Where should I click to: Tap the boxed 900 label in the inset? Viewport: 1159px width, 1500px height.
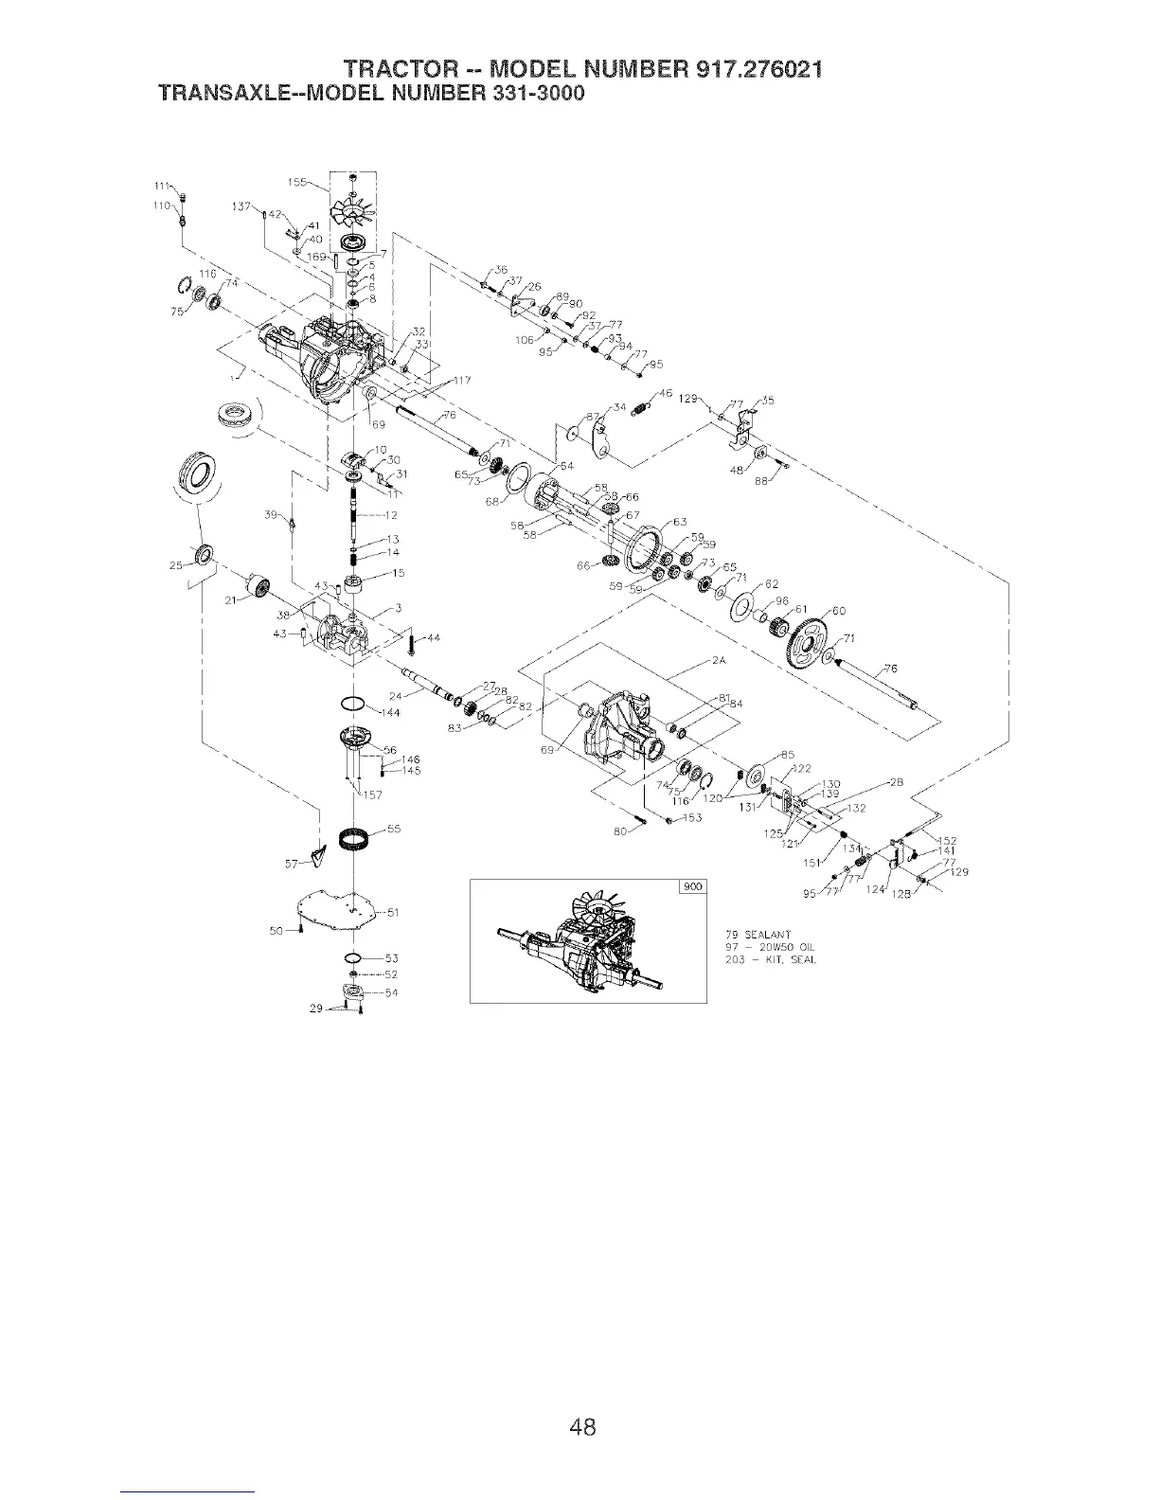(692, 887)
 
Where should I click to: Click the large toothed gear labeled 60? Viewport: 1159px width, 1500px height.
(805, 643)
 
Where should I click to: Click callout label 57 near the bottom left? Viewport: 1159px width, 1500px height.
(293, 863)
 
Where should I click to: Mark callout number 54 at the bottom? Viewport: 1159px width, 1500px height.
(391, 992)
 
